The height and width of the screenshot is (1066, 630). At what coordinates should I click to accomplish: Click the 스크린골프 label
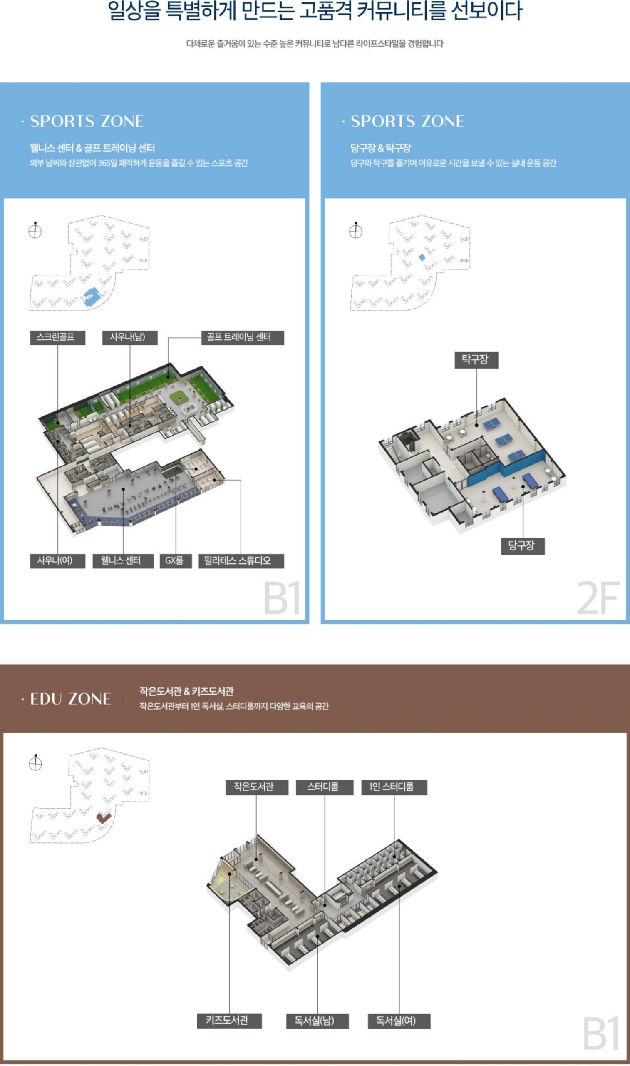[57, 338]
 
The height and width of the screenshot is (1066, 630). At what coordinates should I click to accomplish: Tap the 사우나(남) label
[130, 338]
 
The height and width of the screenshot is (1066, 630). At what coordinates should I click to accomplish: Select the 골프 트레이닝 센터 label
[243, 338]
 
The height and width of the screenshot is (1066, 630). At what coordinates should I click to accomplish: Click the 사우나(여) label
[57, 561]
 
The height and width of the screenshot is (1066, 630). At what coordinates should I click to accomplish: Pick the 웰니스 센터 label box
[123, 561]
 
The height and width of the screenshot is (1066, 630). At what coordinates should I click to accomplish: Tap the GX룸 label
[176, 561]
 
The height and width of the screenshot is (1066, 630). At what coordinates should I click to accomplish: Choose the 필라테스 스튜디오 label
[241, 561]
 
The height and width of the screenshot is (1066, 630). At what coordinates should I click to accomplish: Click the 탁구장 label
[476, 360]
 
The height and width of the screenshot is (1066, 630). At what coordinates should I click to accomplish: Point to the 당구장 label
[523, 546]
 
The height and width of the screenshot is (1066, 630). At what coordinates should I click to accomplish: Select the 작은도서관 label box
[257, 787]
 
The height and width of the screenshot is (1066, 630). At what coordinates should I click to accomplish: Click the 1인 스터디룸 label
[394, 787]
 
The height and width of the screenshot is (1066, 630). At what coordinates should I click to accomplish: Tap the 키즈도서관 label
[229, 1021]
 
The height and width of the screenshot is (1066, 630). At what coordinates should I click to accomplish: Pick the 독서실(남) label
[317, 1021]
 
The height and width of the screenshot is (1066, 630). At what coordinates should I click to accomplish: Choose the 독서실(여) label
[399, 1021]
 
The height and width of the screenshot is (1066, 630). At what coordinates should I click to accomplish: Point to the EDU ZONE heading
[70, 699]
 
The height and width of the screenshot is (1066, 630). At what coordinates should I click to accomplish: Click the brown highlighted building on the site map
[104, 817]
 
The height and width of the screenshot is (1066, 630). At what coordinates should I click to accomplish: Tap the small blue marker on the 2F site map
[422, 257]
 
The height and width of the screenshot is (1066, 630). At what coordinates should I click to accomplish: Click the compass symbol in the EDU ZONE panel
[35, 763]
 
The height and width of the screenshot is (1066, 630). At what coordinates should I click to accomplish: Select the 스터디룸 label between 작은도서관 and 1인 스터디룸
[325, 787]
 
